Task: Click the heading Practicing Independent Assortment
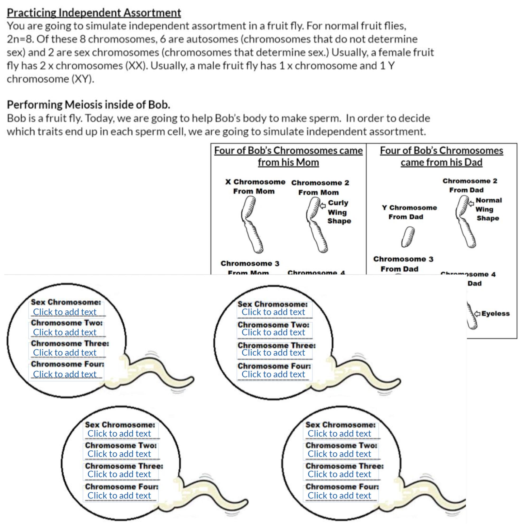[94, 13]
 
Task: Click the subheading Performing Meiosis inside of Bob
[88, 105]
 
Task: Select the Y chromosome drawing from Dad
[408, 237]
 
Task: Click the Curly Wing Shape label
[339, 212]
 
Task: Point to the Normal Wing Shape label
[488, 209]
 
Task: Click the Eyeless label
[495, 313]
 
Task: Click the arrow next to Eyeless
[477, 313]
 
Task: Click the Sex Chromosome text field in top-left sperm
[65, 312]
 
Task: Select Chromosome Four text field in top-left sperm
[65, 374]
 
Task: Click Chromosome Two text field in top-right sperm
[273, 332]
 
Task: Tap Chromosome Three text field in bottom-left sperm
[119, 474]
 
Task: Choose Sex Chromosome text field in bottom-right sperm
[340, 433]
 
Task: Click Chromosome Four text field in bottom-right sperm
[340, 496]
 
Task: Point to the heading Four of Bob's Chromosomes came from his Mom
[288, 156]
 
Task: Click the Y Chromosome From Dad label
[409, 212]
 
